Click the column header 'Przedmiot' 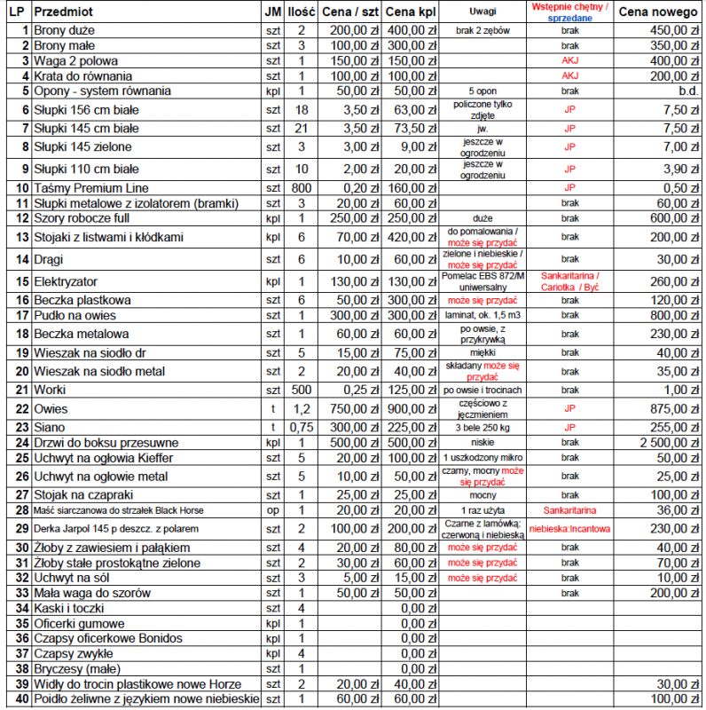(x=67, y=13)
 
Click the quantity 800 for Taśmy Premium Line (x=302, y=188)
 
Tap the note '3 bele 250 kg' (x=483, y=427)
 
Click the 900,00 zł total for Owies (x=412, y=409)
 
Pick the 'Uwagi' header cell (x=483, y=13)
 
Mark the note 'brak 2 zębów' (x=483, y=30)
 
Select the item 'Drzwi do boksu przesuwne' (x=106, y=442)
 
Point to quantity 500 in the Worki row (x=302, y=390)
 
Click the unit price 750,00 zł (x=352, y=409)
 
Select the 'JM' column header (x=273, y=13)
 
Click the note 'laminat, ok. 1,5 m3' (x=483, y=315)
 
